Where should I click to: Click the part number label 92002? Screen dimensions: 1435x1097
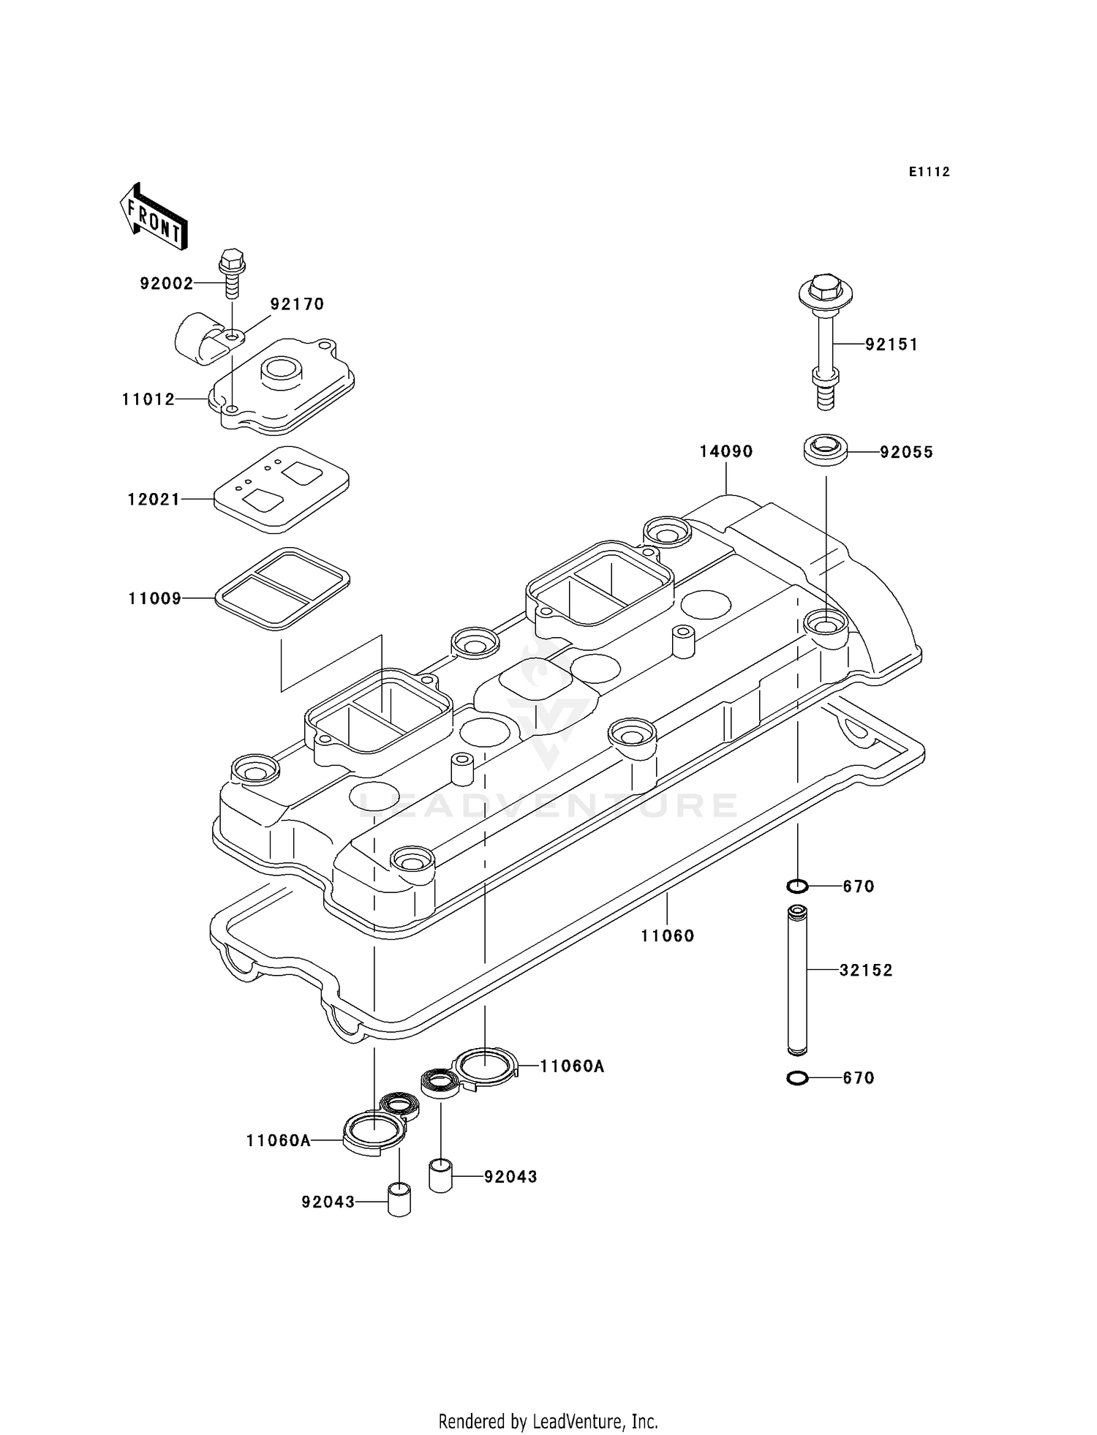[x=167, y=284]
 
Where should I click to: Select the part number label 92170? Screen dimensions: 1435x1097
[x=297, y=304]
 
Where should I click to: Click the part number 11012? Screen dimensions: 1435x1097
[x=148, y=399]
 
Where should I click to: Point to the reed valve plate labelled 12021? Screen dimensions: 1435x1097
[x=282, y=489]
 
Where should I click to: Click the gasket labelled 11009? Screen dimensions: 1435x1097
[x=282, y=587]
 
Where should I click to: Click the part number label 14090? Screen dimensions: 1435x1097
[x=725, y=452]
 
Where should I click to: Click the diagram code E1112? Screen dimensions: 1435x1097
[x=929, y=172]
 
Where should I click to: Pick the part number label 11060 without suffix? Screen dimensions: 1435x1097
[x=667, y=935]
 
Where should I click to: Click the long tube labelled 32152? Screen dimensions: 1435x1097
[x=798, y=980]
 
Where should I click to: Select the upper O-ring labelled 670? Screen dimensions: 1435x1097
[x=797, y=887]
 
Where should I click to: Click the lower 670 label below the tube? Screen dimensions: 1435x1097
[x=859, y=1078]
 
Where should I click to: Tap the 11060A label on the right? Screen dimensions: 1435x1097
[x=572, y=1066]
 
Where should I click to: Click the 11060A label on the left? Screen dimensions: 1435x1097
[x=278, y=1140]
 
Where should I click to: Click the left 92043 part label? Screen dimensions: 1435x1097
[x=328, y=1202]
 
